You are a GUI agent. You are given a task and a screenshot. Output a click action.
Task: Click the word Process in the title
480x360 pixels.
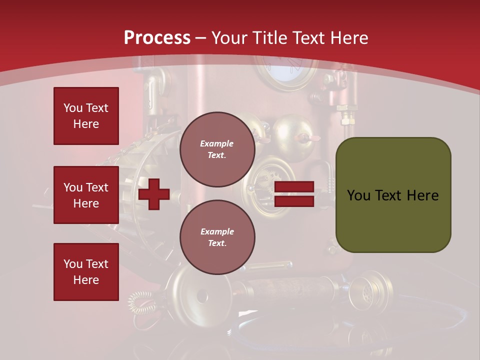point(157,38)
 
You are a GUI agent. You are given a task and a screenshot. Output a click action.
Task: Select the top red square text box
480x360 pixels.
point(86,116)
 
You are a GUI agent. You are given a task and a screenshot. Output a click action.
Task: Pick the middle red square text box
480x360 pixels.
point(86,195)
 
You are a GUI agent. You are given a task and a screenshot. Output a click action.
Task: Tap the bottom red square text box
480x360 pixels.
point(86,271)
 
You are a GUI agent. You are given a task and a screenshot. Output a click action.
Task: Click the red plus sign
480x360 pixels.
point(154,194)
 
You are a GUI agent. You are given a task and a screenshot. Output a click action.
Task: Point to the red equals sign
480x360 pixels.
point(294,194)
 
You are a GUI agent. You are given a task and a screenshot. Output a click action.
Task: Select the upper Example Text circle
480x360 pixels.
point(217,149)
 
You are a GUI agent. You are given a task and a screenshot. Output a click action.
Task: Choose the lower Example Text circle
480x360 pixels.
point(217,237)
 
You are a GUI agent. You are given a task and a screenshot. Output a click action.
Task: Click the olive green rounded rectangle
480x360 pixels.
point(393,194)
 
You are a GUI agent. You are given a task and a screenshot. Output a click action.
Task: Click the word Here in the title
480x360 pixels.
point(349,38)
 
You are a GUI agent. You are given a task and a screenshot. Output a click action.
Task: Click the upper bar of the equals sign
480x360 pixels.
point(294,187)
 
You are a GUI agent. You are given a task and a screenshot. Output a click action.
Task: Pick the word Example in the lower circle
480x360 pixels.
point(217,231)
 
